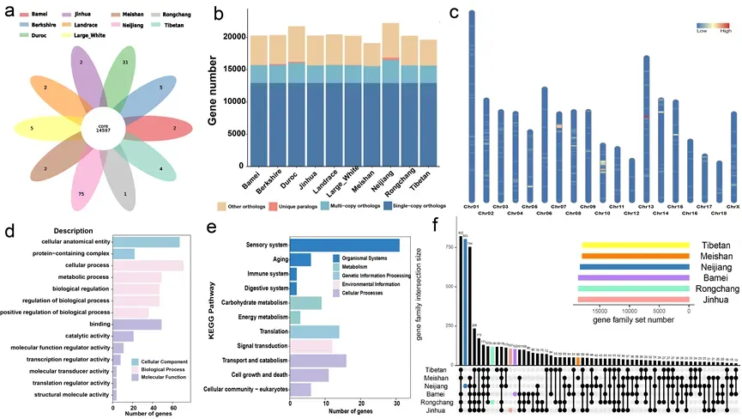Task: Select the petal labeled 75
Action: pos(80,195)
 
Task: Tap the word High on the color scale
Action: pos(725,30)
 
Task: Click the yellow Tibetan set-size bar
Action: pos(636,246)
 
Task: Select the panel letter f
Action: pos(437,225)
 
